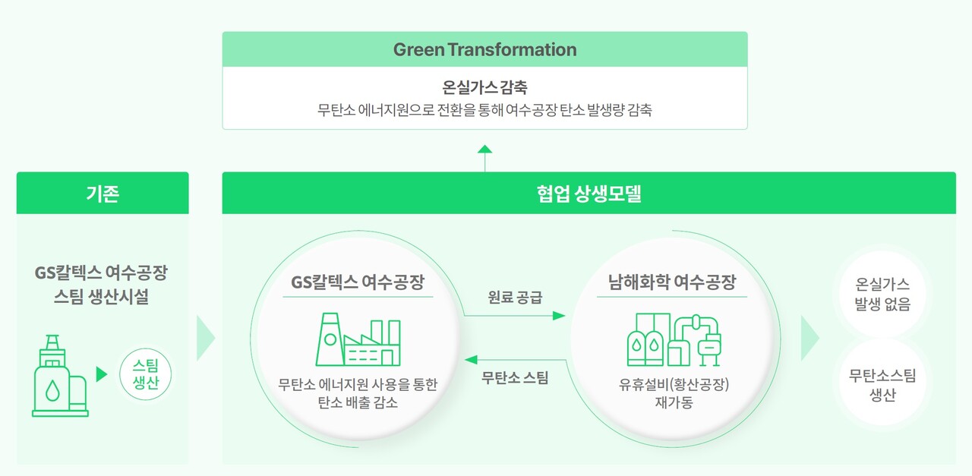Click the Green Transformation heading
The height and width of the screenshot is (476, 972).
coord(484,50)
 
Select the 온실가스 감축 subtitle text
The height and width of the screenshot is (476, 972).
coord(484,88)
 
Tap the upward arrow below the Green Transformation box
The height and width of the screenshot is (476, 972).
coord(484,150)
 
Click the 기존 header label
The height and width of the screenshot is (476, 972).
coord(103,194)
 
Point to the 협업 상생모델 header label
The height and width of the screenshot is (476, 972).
coord(589,194)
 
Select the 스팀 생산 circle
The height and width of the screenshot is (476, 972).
coord(146,374)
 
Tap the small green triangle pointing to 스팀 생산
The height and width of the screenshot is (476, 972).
coord(102,374)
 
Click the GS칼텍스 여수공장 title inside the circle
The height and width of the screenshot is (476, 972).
coord(358,283)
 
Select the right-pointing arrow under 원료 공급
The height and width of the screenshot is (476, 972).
coord(515,315)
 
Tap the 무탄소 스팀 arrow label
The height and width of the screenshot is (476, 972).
coord(515,377)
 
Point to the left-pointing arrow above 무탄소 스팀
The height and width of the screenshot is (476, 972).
coord(515,359)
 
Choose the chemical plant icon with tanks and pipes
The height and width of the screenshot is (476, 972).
coord(673,340)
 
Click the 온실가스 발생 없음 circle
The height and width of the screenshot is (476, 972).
coord(882,295)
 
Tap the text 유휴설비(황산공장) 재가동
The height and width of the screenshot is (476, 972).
coord(673,393)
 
